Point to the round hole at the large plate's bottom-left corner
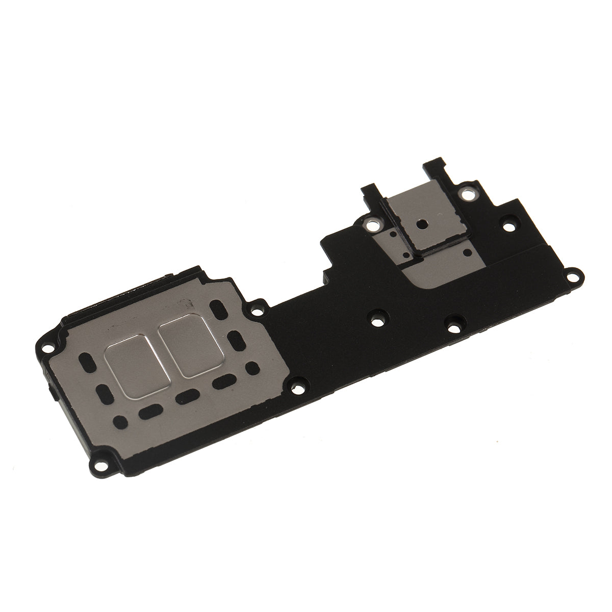coord(119,420)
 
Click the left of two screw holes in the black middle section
coord(377,322)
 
